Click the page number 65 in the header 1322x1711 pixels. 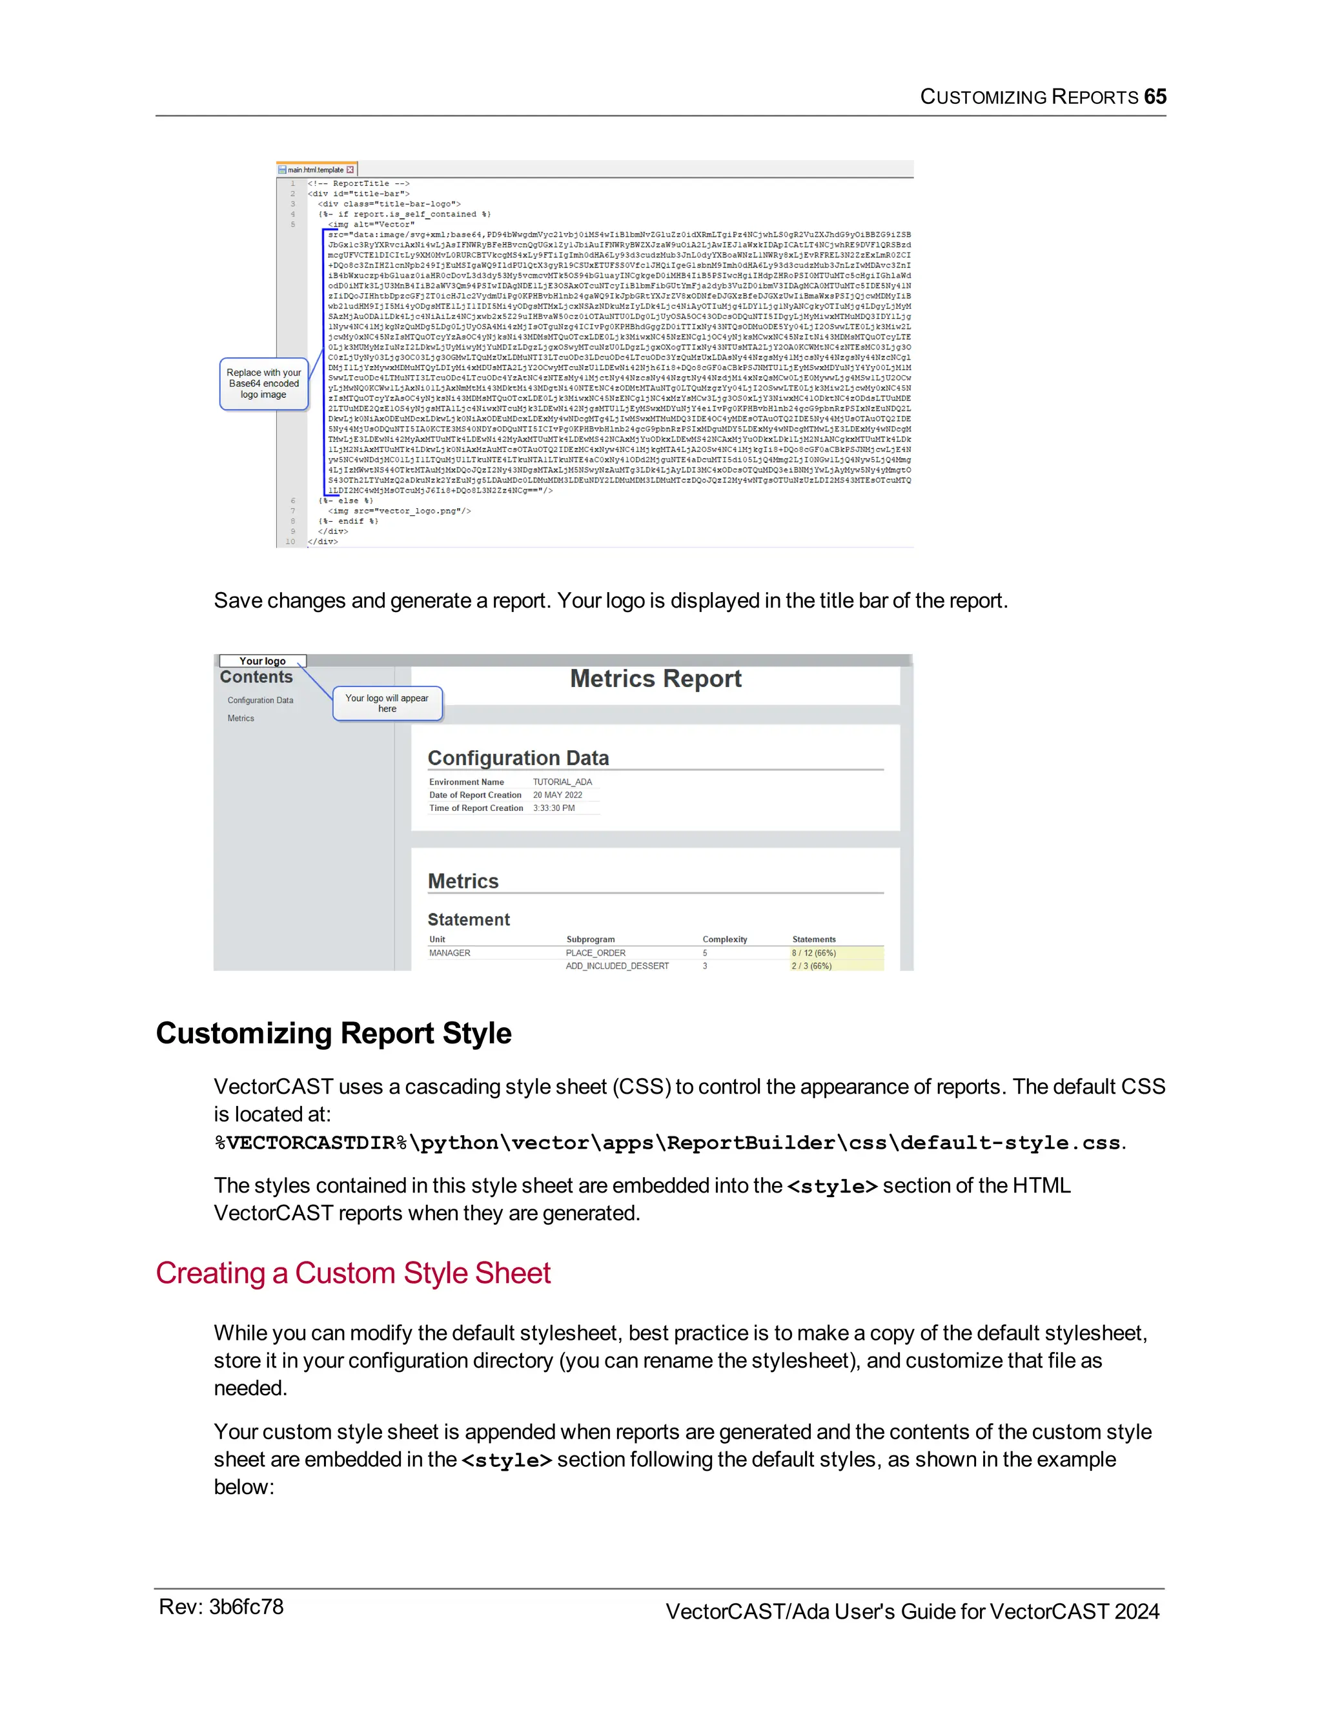(1154, 96)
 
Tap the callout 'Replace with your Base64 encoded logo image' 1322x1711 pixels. (264, 384)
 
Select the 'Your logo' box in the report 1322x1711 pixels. (262, 661)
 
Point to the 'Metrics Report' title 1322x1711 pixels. (656, 679)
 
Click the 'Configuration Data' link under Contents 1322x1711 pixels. (260, 701)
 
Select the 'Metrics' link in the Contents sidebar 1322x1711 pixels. (240, 719)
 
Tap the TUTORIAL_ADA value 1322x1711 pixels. (562, 782)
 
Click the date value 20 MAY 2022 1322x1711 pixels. (558, 795)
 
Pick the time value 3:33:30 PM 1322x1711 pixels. (554, 808)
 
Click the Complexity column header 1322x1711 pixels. (724, 939)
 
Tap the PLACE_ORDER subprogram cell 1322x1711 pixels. (595, 954)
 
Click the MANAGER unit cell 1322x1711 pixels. (449, 954)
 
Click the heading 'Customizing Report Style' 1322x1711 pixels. (334, 1033)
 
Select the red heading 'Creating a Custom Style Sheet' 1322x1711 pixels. (353, 1273)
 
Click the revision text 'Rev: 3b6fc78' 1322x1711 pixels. (221, 1607)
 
